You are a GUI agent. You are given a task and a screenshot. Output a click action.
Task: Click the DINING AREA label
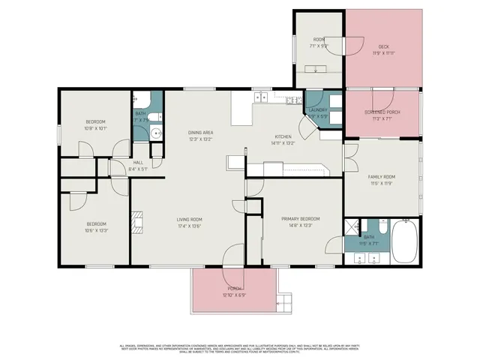pos(201,132)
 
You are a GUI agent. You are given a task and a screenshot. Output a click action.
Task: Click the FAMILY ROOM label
pos(381,177)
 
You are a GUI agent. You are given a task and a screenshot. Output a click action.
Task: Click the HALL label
pos(138,163)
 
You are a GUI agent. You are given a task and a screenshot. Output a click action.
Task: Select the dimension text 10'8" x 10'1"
pos(95,128)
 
